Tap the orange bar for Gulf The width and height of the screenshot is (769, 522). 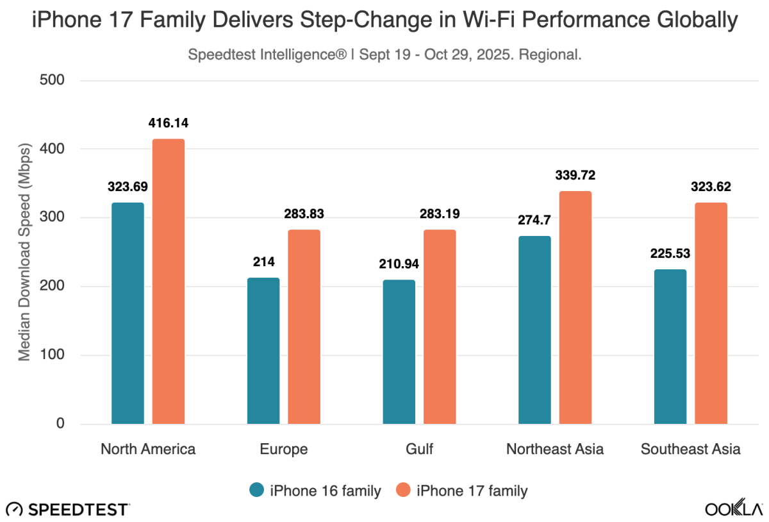click(x=440, y=326)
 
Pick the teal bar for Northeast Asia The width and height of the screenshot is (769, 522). click(x=534, y=330)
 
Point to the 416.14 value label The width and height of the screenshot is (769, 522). click(x=169, y=122)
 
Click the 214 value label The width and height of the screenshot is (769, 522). click(x=263, y=262)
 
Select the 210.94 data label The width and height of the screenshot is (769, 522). click(x=399, y=264)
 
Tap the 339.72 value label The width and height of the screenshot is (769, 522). click(x=575, y=175)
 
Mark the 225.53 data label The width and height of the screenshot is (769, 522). click(x=670, y=253)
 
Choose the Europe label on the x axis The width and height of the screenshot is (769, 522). click(x=284, y=449)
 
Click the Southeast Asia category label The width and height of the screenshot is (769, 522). click(x=691, y=449)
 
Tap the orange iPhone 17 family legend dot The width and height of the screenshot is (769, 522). click(x=404, y=491)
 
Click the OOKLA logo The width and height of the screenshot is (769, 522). click(x=734, y=509)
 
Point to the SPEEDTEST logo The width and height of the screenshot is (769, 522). click(x=67, y=510)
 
